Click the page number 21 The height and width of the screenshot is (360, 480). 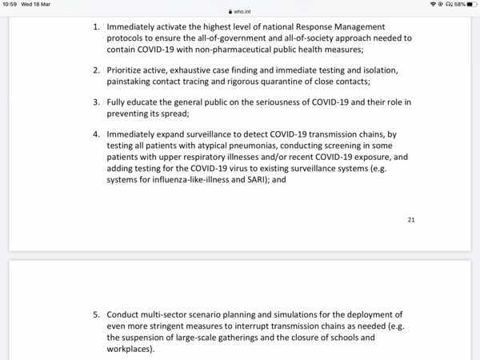411,219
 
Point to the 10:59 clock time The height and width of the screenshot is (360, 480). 11,4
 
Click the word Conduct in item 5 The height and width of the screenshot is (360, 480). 124,314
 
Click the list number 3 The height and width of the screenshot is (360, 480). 96,103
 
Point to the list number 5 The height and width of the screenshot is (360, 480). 96,314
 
